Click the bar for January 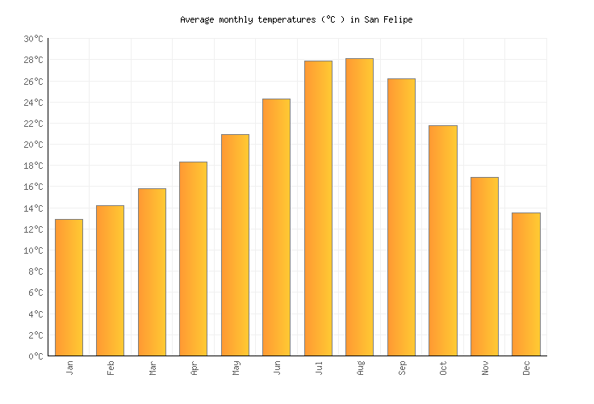coord(69,287)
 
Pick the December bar coord(526,284)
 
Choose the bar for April coord(193,259)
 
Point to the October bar coord(443,240)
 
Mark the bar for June coord(276,227)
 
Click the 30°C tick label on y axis coord(33,39)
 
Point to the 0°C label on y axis coord(36,356)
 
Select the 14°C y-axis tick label coord(33,208)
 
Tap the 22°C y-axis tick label coord(33,124)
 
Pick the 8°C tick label coord(36,271)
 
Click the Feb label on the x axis coord(111,367)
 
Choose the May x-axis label coord(235,367)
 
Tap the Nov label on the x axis coord(485,367)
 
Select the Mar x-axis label coord(152,367)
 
